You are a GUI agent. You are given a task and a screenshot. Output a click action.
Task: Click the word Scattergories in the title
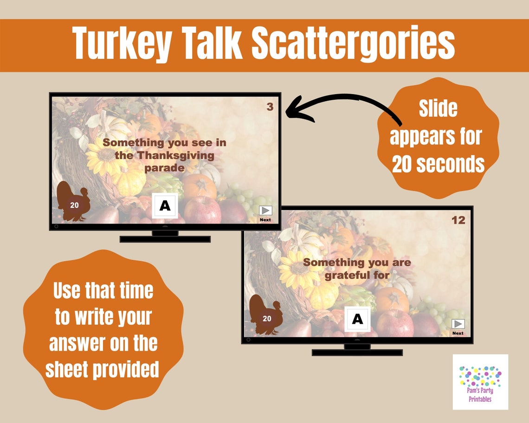click(x=353, y=44)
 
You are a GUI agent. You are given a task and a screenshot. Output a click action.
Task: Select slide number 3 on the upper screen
click(x=270, y=107)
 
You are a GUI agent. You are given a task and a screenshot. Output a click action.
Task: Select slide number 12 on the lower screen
click(x=458, y=220)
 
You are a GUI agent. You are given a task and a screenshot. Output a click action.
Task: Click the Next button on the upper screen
click(x=265, y=212)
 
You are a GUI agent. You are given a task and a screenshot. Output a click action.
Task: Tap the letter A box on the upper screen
click(x=165, y=206)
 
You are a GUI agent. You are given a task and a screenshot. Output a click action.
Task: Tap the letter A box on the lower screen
click(x=357, y=319)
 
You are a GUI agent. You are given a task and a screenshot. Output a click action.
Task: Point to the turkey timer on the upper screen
click(x=73, y=202)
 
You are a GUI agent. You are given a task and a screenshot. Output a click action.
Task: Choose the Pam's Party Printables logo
click(x=480, y=382)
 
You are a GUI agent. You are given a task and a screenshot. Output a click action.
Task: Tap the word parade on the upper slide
click(x=164, y=168)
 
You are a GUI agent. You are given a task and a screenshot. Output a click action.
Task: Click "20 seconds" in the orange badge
click(x=438, y=165)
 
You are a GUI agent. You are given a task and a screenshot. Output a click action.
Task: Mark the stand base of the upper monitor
click(x=165, y=239)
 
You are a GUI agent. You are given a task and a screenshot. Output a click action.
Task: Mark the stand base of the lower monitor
click(x=357, y=352)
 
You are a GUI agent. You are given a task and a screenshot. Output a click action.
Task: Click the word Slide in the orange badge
click(x=438, y=109)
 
